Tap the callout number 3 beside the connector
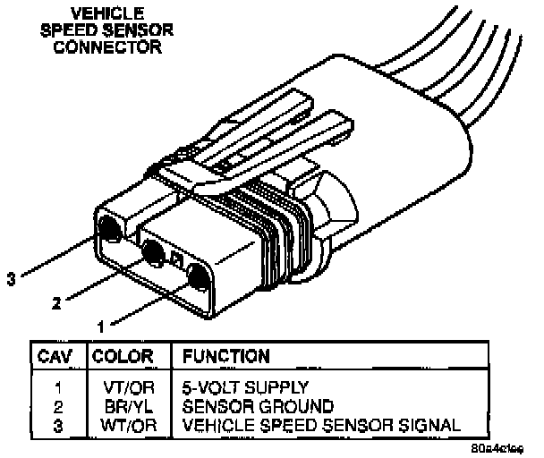click(11, 278)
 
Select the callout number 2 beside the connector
click(55, 303)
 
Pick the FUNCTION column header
click(226, 355)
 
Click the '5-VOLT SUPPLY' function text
click(245, 388)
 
